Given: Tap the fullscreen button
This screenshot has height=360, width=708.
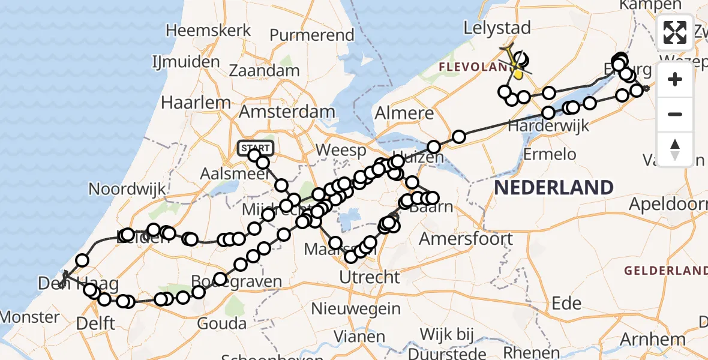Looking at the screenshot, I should (x=675, y=32).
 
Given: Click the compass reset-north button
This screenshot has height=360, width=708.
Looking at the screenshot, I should (x=675, y=149).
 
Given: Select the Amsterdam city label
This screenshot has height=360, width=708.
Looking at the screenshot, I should (x=287, y=112).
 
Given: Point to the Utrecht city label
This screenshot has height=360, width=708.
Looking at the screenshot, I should (x=370, y=277).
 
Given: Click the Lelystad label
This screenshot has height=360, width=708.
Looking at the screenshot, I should (x=497, y=28).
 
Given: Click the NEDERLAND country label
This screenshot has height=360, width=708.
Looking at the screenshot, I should (x=553, y=187).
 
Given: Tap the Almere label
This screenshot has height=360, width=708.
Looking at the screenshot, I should (x=404, y=113).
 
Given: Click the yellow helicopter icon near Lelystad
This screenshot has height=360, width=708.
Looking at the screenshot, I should (x=515, y=65).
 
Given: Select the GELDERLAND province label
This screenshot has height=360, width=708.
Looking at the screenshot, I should (x=665, y=271).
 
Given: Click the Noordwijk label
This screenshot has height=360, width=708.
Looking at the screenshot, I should (x=127, y=190).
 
